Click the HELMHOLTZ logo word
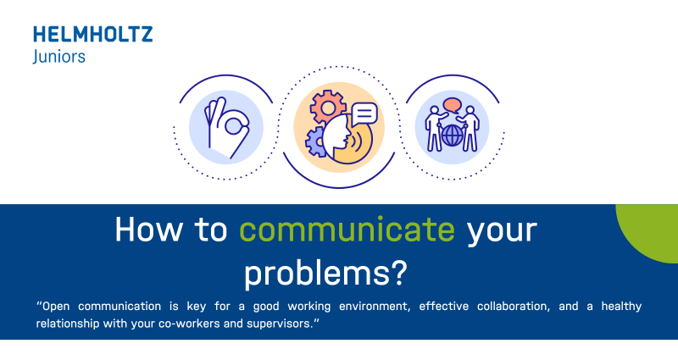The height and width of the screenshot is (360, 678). coord(93,35)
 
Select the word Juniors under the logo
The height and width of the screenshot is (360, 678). coord(58,56)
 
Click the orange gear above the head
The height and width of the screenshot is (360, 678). coord(325,108)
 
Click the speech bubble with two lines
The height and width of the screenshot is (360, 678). coord(364,113)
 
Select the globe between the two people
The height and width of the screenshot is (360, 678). coord(453,136)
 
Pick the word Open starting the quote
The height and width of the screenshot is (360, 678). coord(57,307)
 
